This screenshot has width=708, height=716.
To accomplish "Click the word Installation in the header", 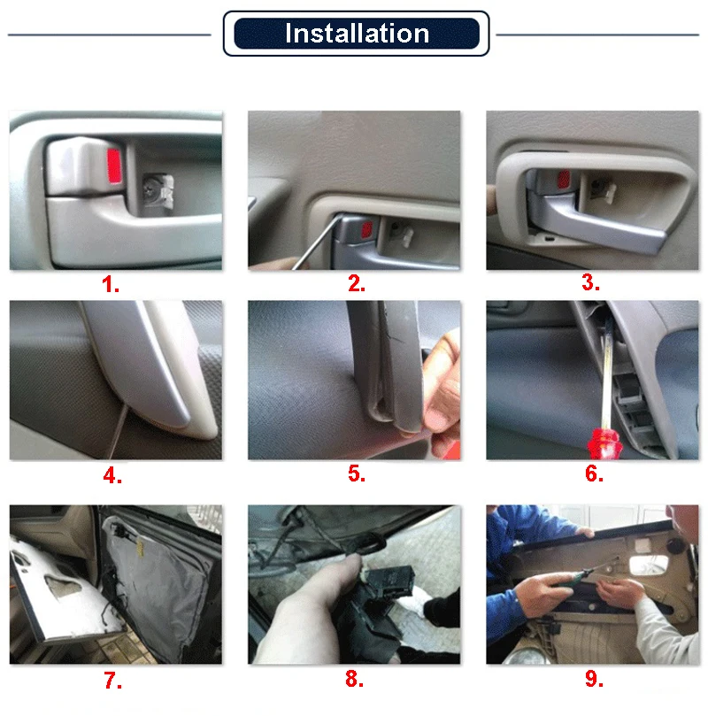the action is pyautogui.click(x=357, y=34).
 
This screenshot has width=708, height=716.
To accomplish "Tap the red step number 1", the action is pyautogui.click(x=110, y=284).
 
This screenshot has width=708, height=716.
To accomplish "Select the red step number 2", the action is pyautogui.click(x=356, y=283).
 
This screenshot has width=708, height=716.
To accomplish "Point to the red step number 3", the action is pyautogui.click(x=590, y=282).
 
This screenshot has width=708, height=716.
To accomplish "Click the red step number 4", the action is pyautogui.click(x=112, y=475).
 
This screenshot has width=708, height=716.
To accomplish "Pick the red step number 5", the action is pyautogui.click(x=356, y=473).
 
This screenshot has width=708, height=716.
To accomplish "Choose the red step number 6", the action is pyautogui.click(x=594, y=473).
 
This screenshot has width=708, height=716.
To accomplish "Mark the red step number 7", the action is pyautogui.click(x=112, y=681).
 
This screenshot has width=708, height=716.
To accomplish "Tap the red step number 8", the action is pyautogui.click(x=354, y=679).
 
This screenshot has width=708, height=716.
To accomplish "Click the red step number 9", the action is pyautogui.click(x=594, y=679).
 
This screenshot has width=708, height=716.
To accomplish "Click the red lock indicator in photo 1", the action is pyautogui.click(x=114, y=166).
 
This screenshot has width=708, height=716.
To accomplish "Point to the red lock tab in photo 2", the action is pyautogui.click(x=366, y=230).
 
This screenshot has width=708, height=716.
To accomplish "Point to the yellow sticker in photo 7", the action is pyautogui.click(x=140, y=547).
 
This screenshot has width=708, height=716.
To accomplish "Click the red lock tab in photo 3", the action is pyautogui.click(x=564, y=179).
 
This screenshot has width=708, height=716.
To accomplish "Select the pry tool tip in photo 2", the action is pyautogui.click(x=341, y=217).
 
